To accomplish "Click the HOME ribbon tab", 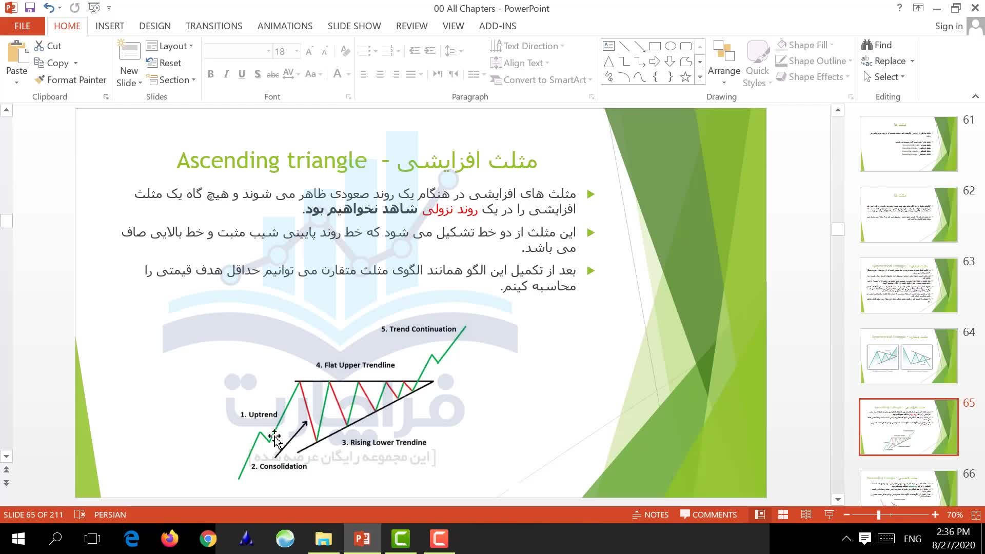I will pyautogui.click(x=67, y=26).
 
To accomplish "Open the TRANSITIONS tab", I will pyautogui.click(x=213, y=26).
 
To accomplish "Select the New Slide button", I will pyautogui.click(x=129, y=64).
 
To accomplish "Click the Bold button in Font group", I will pyautogui.click(x=210, y=74).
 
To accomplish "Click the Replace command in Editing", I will pyautogui.click(x=889, y=61).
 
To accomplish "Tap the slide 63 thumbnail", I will pyautogui.click(x=908, y=286).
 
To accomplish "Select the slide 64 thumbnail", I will pyautogui.click(x=908, y=357).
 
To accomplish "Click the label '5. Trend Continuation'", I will pyautogui.click(x=418, y=329).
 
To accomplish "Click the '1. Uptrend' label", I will pyautogui.click(x=259, y=414).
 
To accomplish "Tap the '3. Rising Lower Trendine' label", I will pyautogui.click(x=384, y=442).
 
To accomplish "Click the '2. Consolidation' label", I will pyautogui.click(x=279, y=466).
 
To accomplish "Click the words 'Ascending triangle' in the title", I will pyautogui.click(x=271, y=161).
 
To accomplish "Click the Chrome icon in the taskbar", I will pyautogui.click(x=208, y=539).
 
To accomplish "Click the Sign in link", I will pyautogui.click(x=948, y=26).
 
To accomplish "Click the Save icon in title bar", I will pyautogui.click(x=29, y=8).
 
